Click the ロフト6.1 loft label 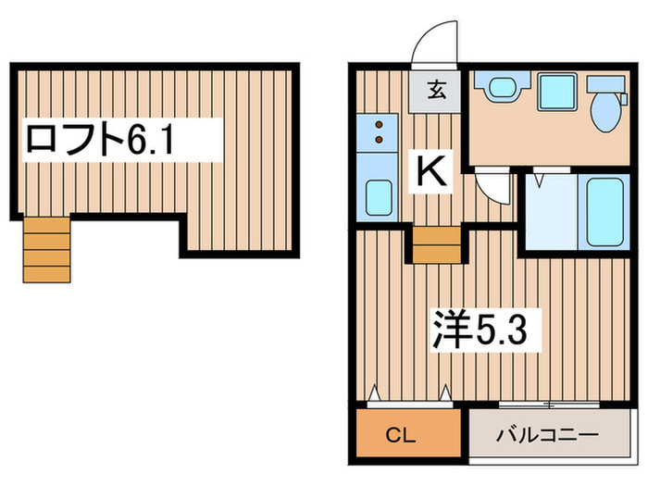coord(100,139)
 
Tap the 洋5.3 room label coord(480,330)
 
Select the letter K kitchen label coord(431,170)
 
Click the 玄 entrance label coord(437,90)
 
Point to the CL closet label coord(400,435)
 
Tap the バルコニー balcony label coord(547,435)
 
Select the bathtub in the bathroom coord(604,211)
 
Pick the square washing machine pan coord(557,92)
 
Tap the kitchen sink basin coord(379,197)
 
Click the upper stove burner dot coord(379,124)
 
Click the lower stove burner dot coord(379,140)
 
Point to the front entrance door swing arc coord(427,35)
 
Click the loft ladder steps coord(46,250)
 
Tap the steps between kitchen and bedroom coord(437,244)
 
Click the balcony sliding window coord(549,405)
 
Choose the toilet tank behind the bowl coord(605,84)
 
